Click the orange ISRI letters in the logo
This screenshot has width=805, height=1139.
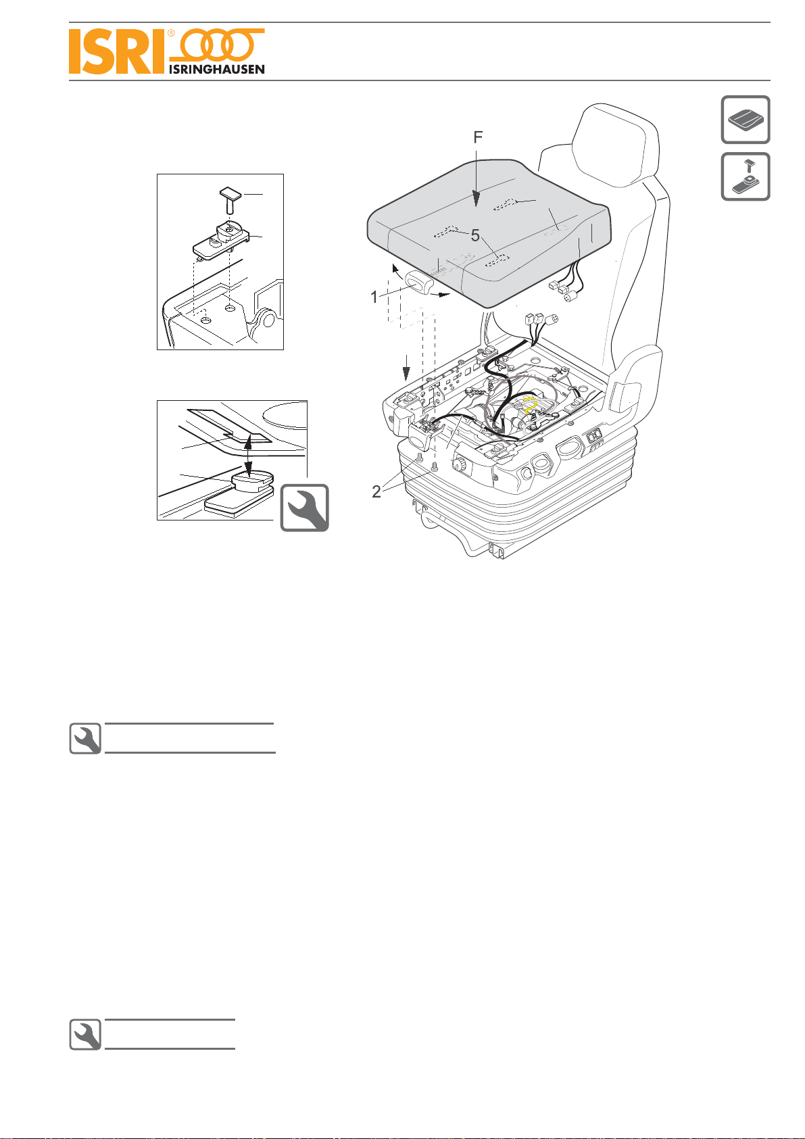[x=117, y=51]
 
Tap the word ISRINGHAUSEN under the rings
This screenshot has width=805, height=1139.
[x=217, y=69]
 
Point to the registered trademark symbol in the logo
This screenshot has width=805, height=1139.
[x=171, y=33]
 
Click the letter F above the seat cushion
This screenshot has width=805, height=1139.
[x=478, y=137]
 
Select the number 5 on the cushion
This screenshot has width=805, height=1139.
[x=475, y=235]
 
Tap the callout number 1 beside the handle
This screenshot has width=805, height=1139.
[x=374, y=297]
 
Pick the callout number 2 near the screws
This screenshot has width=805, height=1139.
[x=376, y=491]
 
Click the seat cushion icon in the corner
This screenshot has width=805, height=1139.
[x=746, y=120]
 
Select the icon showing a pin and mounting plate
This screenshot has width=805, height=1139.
[x=746, y=176]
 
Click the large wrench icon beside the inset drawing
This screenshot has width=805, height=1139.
[x=305, y=508]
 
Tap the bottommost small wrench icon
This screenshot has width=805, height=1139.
[x=85, y=1035]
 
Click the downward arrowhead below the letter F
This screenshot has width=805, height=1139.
[x=476, y=199]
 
